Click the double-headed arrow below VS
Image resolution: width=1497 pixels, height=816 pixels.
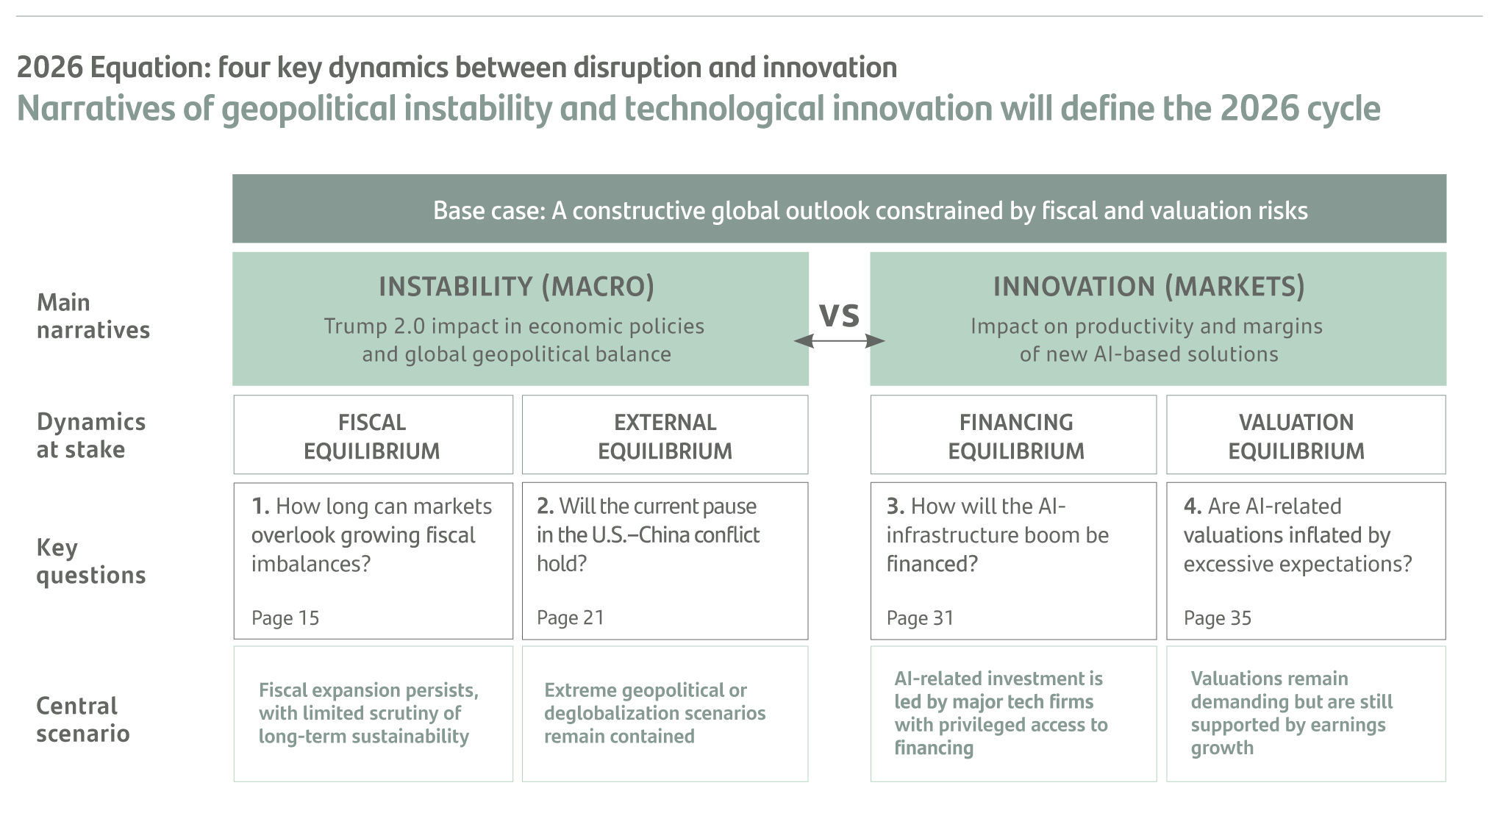click(x=839, y=340)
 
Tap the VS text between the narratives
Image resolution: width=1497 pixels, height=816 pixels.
click(x=839, y=315)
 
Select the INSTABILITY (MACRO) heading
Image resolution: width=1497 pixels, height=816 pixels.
click(x=516, y=286)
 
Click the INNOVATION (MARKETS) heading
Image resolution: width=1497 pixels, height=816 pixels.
click(x=1148, y=286)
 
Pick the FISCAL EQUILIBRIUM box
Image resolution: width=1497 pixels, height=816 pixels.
click(x=373, y=434)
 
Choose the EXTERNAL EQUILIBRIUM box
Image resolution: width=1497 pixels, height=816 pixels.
click(x=665, y=434)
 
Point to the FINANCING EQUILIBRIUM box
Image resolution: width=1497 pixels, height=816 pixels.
click(x=1013, y=434)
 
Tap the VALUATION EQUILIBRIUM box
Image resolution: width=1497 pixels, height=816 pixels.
click(x=1306, y=434)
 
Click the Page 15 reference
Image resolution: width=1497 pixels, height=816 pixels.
click(x=285, y=618)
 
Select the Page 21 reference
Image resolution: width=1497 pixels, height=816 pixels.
click(x=571, y=618)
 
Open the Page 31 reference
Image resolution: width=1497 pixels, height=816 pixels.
click(x=920, y=618)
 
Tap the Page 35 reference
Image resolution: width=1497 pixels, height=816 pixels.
click(x=1218, y=618)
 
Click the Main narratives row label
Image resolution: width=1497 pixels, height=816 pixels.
click(x=93, y=316)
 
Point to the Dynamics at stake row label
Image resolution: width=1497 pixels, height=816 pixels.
click(x=91, y=435)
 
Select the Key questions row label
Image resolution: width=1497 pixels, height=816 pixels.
click(x=91, y=561)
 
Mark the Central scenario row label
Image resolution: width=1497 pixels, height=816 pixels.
click(x=83, y=719)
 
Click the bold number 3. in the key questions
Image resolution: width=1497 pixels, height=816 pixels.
click(x=895, y=506)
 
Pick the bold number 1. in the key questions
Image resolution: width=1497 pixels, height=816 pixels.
click(x=260, y=506)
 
